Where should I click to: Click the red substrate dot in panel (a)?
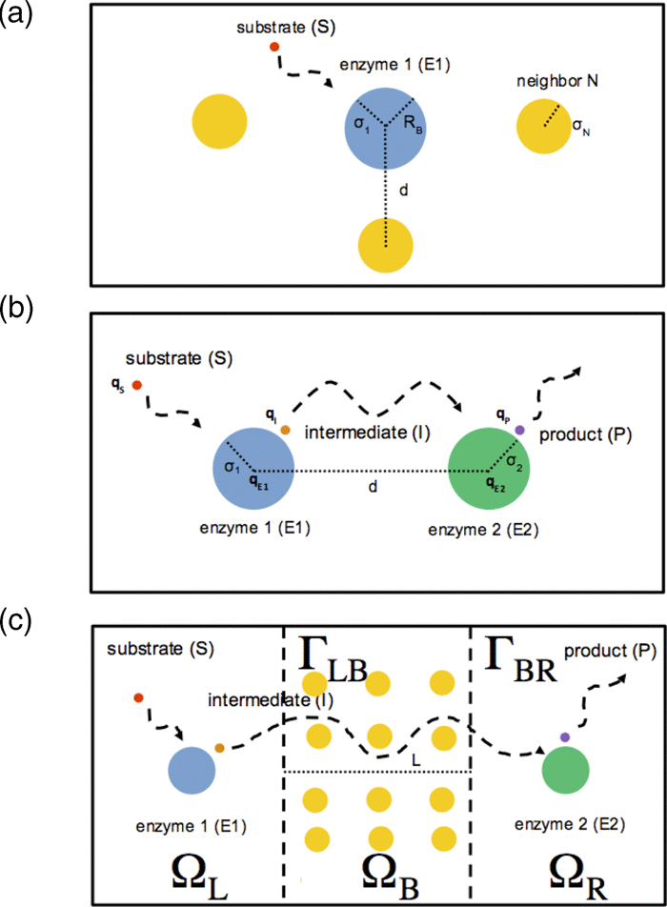coord(274,47)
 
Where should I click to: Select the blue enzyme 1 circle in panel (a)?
coord(385,126)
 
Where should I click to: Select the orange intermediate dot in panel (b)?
coord(285,430)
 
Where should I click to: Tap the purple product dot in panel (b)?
coord(520,431)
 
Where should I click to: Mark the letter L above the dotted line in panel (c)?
coord(416,761)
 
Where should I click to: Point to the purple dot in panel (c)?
coord(565,736)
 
